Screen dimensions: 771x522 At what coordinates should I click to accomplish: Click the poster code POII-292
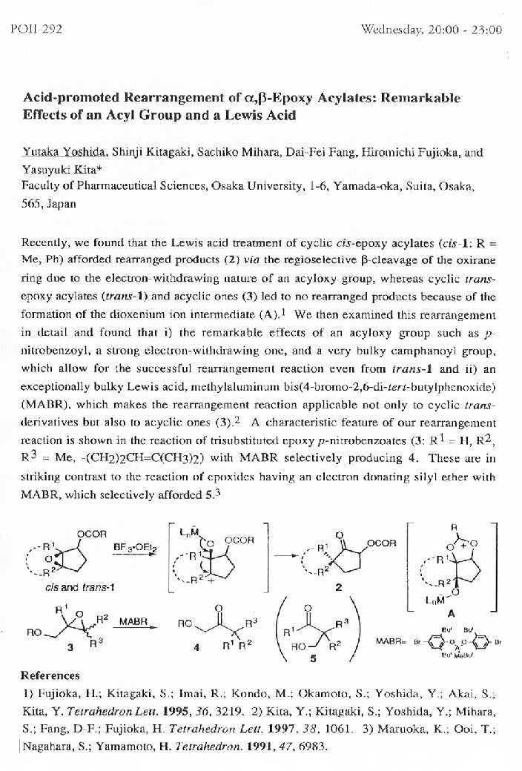(x=37, y=30)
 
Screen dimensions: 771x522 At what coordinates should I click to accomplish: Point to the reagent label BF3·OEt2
(x=131, y=548)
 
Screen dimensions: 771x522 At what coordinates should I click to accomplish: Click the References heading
(x=50, y=675)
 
